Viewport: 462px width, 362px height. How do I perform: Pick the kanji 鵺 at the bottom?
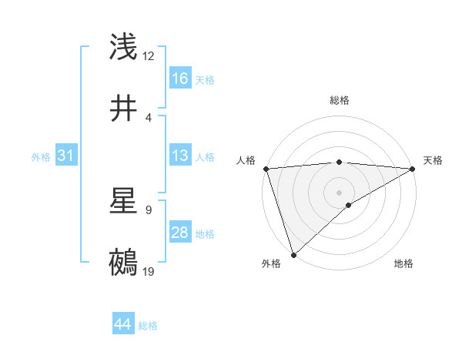[124, 263]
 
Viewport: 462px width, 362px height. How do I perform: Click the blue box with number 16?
[180, 79]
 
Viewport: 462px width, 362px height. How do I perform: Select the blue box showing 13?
[180, 156]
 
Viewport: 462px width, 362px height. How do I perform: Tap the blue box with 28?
[180, 233]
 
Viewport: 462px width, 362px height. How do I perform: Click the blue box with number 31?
[66, 156]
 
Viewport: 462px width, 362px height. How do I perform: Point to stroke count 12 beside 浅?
[149, 56]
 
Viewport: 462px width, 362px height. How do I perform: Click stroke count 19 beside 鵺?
[149, 272]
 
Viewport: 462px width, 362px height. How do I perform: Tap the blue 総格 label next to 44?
[148, 326]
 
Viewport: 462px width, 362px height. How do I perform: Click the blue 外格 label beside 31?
[41, 156]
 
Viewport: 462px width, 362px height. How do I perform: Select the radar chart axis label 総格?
[339, 100]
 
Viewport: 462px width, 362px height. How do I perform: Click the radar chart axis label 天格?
[433, 160]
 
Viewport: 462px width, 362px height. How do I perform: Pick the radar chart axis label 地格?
[403, 263]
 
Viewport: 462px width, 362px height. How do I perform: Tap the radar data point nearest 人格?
[265, 169]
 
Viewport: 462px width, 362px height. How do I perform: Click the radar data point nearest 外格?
[293, 254]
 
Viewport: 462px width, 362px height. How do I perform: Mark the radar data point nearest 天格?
[413, 169]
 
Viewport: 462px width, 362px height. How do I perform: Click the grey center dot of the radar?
[339, 192]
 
